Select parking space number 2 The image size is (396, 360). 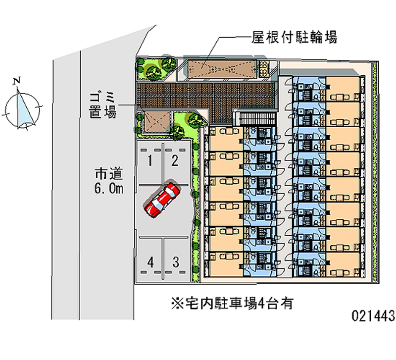(175, 160)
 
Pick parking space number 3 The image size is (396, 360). (175, 261)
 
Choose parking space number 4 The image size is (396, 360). (150, 261)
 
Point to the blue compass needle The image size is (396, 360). (23, 108)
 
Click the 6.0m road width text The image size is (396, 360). (109, 188)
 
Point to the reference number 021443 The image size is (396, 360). (373, 315)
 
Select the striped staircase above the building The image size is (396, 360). (254, 119)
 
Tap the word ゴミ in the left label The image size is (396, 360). (103, 96)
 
